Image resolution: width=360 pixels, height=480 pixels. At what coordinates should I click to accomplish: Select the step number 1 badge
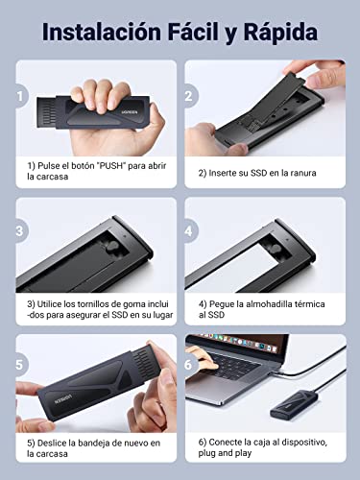[x=22, y=96]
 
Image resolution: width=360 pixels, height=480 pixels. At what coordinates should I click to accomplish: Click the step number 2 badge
[x=191, y=96]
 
